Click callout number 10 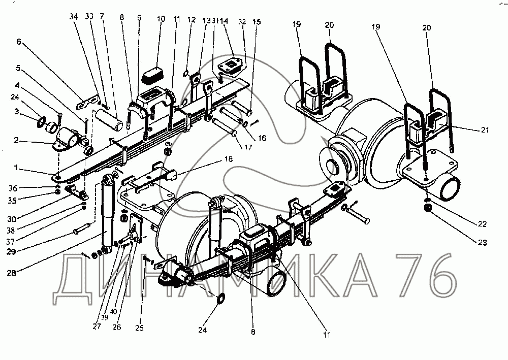click(x=161, y=19)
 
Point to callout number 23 click(x=482, y=242)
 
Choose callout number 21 click(x=485, y=130)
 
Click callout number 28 click(x=11, y=273)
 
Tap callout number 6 click(x=19, y=42)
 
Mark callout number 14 click(x=224, y=21)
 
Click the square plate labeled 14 click(x=230, y=67)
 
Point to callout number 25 click(x=139, y=328)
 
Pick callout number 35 click(x=12, y=201)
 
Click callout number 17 click(x=248, y=148)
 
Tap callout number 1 click(x=16, y=168)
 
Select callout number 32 click(x=242, y=22)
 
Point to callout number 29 click(x=11, y=251)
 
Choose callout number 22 click(x=482, y=224)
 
